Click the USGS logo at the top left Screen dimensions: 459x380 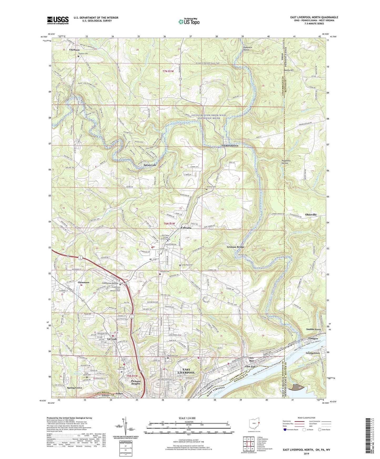click(x=58, y=20)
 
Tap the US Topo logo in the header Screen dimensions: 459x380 click(x=188, y=22)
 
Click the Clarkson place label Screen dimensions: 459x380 click(x=74, y=50)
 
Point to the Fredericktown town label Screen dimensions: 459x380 click(x=230, y=146)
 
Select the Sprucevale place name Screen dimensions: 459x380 click(x=150, y=165)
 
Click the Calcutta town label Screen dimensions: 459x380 click(x=186, y=228)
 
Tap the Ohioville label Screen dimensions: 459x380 click(x=313, y=215)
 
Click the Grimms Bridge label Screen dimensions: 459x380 click(x=236, y=247)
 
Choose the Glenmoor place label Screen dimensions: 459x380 click(x=84, y=282)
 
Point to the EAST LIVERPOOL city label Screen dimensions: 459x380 click(x=186, y=371)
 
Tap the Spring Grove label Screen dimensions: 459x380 click(x=75, y=388)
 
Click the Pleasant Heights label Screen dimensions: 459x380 click(x=136, y=382)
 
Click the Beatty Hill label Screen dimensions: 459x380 click(x=288, y=70)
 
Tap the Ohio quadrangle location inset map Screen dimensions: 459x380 click(x=254, y=424)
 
